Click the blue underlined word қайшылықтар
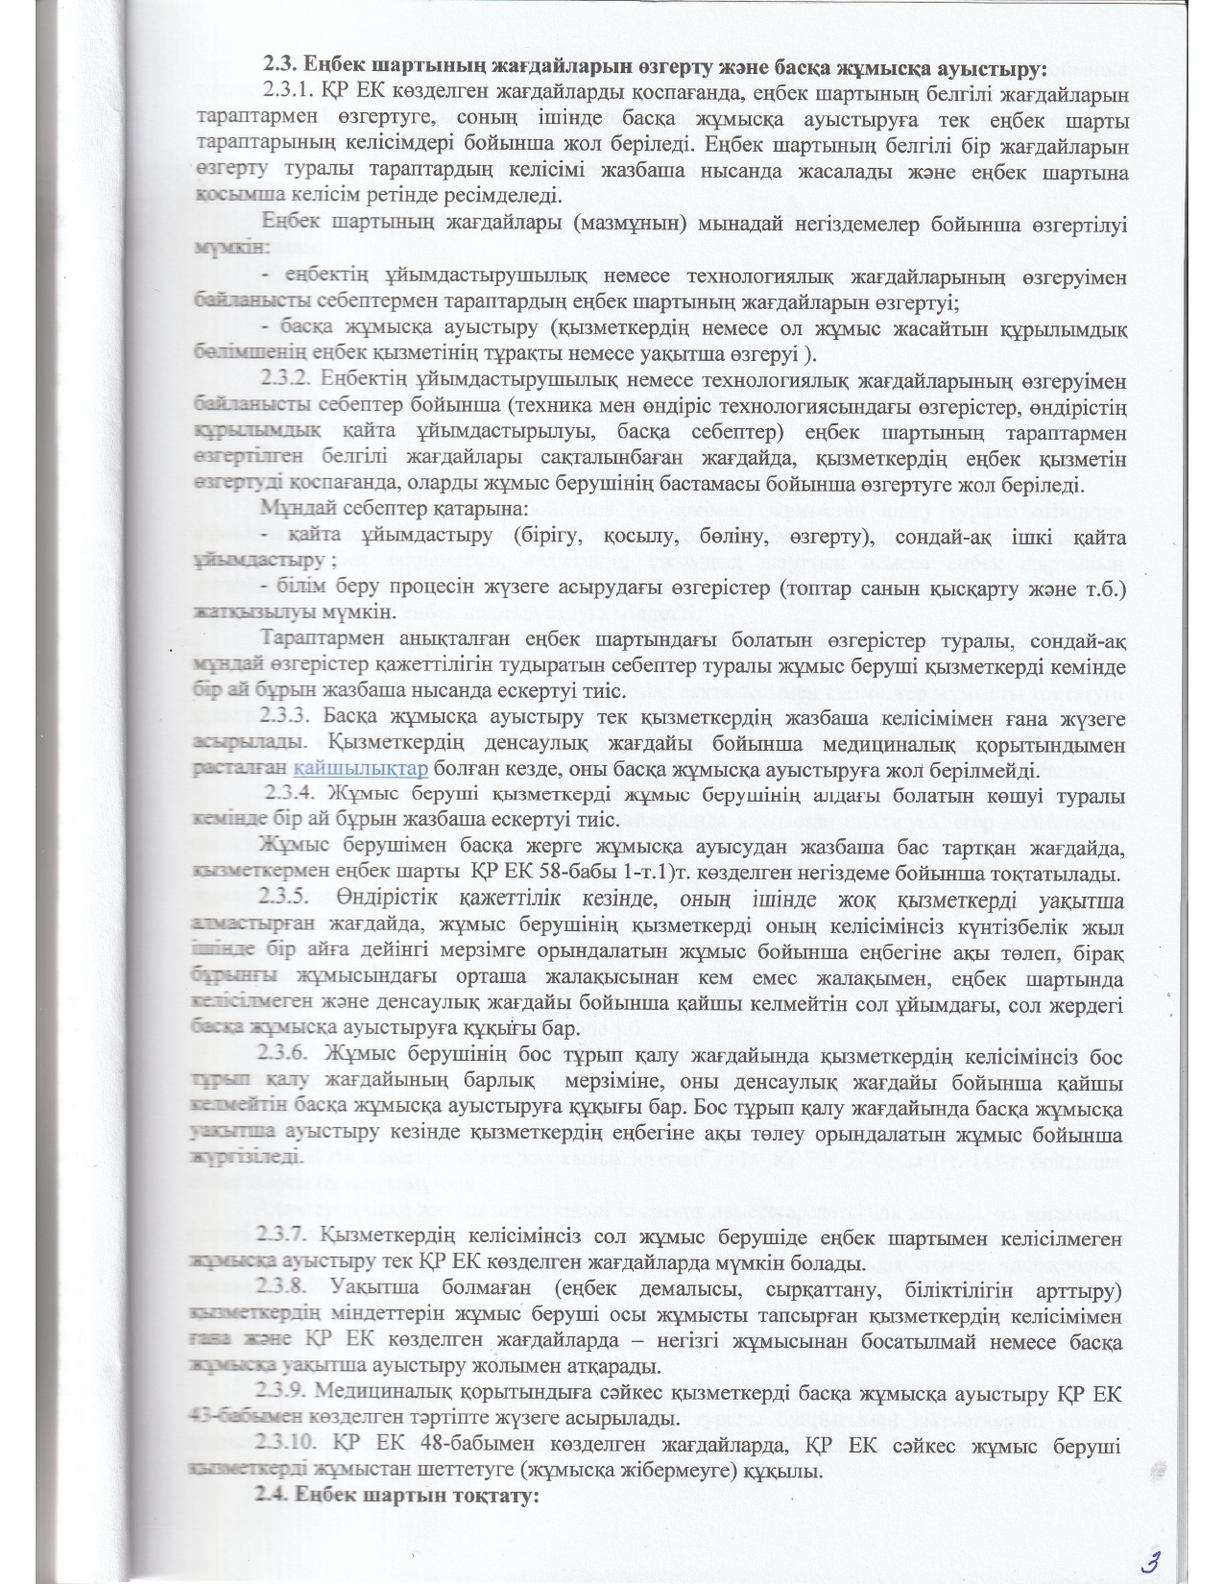tap(362, 769)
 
